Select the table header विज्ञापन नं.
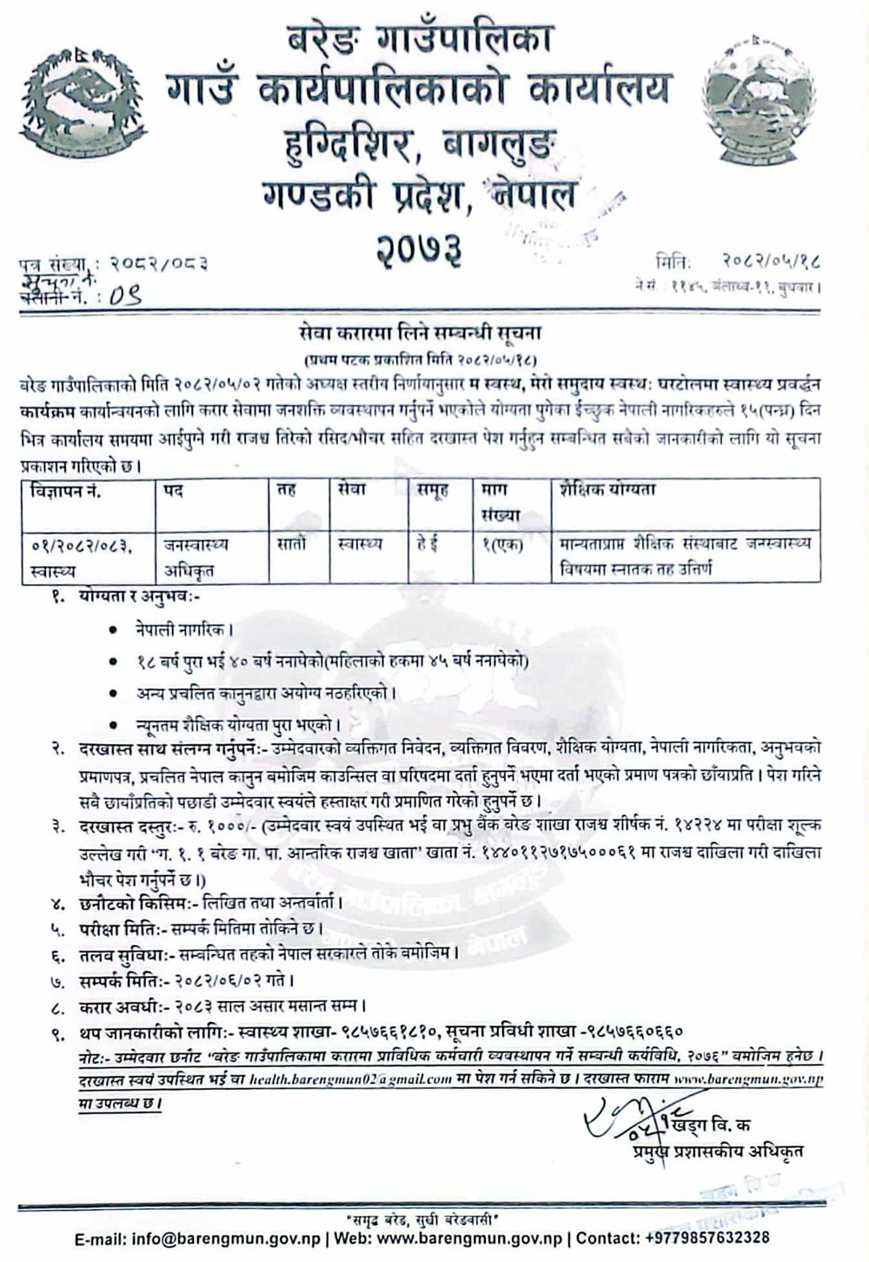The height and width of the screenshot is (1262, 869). point(66,491)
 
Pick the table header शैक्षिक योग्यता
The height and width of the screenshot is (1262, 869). point(608,490)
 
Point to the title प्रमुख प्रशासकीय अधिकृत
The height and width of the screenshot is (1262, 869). point(718,1152)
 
